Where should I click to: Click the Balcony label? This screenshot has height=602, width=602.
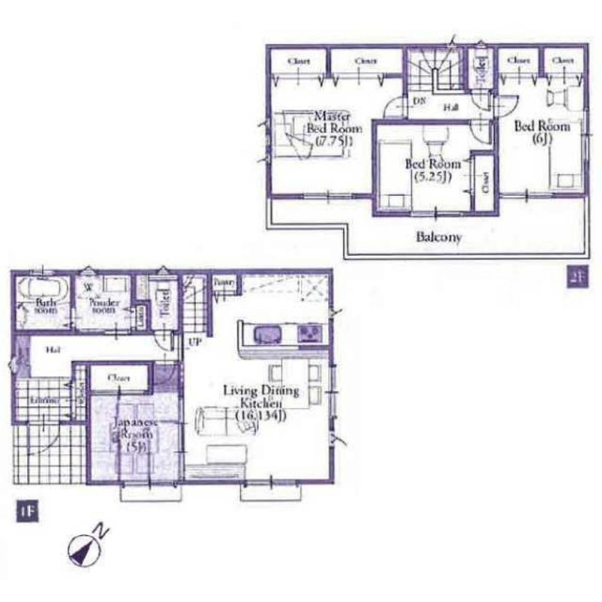(x=439, y=237)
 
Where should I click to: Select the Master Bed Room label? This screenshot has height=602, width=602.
(x=334, y=128)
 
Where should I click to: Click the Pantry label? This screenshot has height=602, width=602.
(x=225, y=281)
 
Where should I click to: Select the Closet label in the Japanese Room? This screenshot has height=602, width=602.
(x=119, y=379)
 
